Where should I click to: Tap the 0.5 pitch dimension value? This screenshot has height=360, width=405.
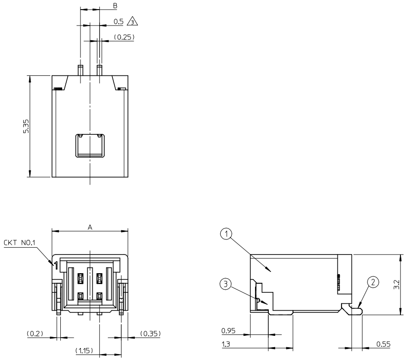point(118,21)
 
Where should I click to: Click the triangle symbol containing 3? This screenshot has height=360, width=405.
point(133,21)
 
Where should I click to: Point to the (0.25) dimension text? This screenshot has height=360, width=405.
point(123,37)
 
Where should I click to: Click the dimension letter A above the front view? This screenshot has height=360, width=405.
point(90,226)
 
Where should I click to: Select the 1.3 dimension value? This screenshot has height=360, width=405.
point(225,344)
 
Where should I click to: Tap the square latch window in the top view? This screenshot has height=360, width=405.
point(90,146)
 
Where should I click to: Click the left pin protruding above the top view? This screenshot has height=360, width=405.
point(80,70)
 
